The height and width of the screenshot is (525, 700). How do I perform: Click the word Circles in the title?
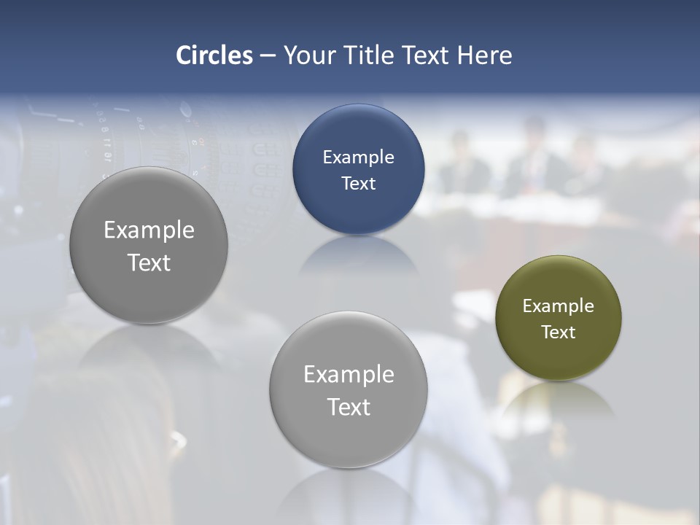point(214,55)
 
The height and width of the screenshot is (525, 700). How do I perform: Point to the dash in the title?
point(268,56)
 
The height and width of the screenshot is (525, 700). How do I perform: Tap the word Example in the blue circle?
point(358,157)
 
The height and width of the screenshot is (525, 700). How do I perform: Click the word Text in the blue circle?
point(358,184)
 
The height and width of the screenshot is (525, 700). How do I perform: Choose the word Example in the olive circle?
point(559,306)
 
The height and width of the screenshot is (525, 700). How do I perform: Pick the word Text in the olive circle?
point(559,332)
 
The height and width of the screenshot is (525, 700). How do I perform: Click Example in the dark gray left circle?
point(149,230)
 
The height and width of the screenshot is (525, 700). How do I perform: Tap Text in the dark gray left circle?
point(149,262)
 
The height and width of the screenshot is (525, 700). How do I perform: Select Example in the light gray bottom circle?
point(349,375)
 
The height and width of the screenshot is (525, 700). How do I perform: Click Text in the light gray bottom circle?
point(349,407)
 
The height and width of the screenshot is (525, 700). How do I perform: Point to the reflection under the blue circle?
point(358,255)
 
